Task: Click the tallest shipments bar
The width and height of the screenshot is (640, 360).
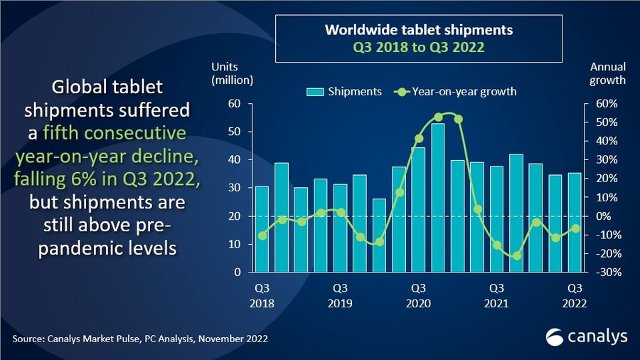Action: coord(438,197)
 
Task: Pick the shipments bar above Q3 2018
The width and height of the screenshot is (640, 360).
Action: coord(262,228)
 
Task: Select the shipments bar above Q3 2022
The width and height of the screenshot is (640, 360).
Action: coord(575,222)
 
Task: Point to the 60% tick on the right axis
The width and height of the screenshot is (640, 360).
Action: coord(600,104)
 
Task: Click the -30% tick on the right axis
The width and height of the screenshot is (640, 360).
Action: coord(600,272)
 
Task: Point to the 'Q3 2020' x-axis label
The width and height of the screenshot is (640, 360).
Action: coord(418,295)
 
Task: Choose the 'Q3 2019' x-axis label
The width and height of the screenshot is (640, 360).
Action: coord(340,295)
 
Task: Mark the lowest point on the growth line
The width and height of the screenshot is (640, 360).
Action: coord(516,255)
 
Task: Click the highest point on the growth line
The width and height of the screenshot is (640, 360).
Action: coord(438,117)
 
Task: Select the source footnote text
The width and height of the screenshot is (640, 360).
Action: coord(140,339)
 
